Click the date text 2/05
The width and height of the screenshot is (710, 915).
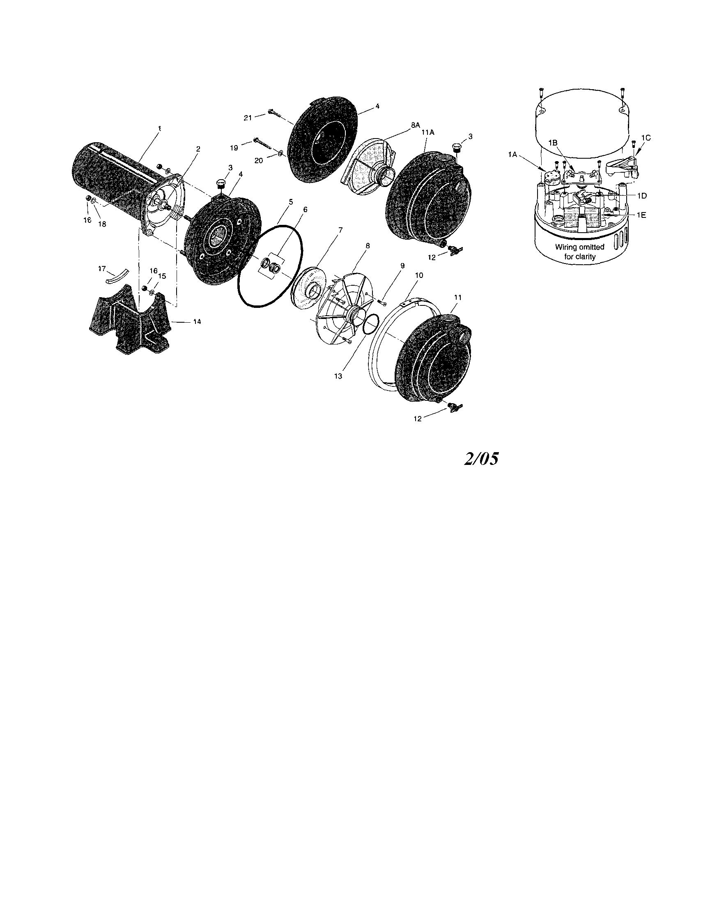pyautogui.click(x=481, y=460)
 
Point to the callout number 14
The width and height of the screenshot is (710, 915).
pyautogui.click(x=197, y=321)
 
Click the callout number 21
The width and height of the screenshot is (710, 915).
pyautogui.click(x=248, y=118)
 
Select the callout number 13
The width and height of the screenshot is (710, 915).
pyautogui.click(x=338, y=376)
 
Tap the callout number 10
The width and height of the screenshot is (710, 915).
pyautogui.click(x=418, y=275)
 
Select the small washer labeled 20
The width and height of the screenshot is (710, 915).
pyautogui.click(x=280, y=155)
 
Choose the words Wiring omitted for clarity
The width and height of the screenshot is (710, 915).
pyautogui.click(x=579, y=252)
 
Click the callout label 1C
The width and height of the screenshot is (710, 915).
pyautogui.click(x=646, y=137)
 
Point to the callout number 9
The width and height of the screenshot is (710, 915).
pyautogui.click(x=402, y=266)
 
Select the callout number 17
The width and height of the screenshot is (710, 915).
pyautogui.click(x=102, y=269)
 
